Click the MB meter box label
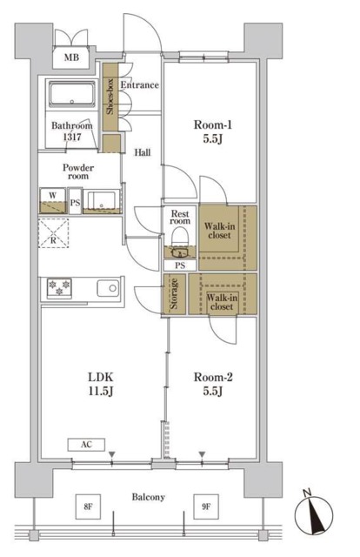coord(71,57)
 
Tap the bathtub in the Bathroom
coord(72,94)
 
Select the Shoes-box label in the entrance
coord(110,97)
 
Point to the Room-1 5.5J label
coord(213,131)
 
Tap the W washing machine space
coord(53,200)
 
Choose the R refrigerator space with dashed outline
coord(53,233)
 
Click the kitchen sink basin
coord(108,288)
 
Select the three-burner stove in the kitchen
coord(59,288)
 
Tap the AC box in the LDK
coord(86,445)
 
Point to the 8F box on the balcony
coord(88,507)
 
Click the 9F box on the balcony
coord(206,507)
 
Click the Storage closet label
coord(174,294)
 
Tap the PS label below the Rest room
coord(180,265)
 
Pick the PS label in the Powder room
coord(75,203)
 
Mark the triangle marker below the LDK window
coord(112,454)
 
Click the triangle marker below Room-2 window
coord(202,454)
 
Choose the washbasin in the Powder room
coord(102,201)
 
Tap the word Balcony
coord(148,497)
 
